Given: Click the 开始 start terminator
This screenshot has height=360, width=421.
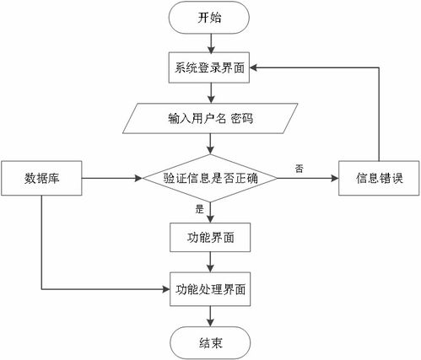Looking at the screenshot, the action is click(209, 18).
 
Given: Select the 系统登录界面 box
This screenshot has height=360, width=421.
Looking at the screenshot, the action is click(209, 68).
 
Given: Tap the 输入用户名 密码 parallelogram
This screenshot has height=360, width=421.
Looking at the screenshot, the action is click(210, 118).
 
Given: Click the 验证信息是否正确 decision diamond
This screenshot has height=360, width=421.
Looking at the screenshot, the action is click(210, 178).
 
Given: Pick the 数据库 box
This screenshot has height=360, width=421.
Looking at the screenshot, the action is click(41, 178).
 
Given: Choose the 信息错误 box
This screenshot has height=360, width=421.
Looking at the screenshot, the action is click(379, 178).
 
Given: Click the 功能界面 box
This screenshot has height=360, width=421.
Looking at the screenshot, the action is click(210, 238).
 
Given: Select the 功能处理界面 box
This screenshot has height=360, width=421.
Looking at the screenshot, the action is click(210, 289).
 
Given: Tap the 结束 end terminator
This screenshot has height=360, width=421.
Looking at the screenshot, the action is click(210, 343).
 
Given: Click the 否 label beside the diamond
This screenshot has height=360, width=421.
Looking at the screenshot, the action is click(299, 169).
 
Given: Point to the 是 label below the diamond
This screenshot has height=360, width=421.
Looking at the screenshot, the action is click(199, 209).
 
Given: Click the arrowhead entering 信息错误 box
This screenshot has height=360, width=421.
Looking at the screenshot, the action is click(335, 178).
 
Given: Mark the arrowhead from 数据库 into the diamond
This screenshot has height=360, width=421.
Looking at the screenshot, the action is click(139, 178).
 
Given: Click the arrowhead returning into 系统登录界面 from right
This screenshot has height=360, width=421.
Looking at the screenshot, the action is click(254, 67).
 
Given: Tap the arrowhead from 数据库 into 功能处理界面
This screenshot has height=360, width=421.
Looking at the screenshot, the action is click(166, 289).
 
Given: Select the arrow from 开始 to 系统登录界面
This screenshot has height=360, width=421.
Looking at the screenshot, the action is click(211, 44).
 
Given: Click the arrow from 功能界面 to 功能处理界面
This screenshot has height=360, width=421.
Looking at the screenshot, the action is click(211, 262).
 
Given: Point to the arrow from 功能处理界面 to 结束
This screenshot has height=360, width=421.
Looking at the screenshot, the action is click(211, 316).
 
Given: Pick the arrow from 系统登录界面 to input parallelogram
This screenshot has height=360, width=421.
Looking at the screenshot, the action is click(211, 93).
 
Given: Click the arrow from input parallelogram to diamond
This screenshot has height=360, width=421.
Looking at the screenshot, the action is click(211, 143).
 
